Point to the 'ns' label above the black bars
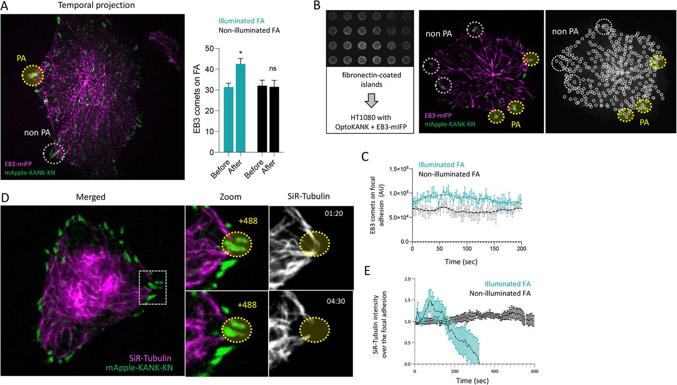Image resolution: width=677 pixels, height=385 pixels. click(x=274, y=68)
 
